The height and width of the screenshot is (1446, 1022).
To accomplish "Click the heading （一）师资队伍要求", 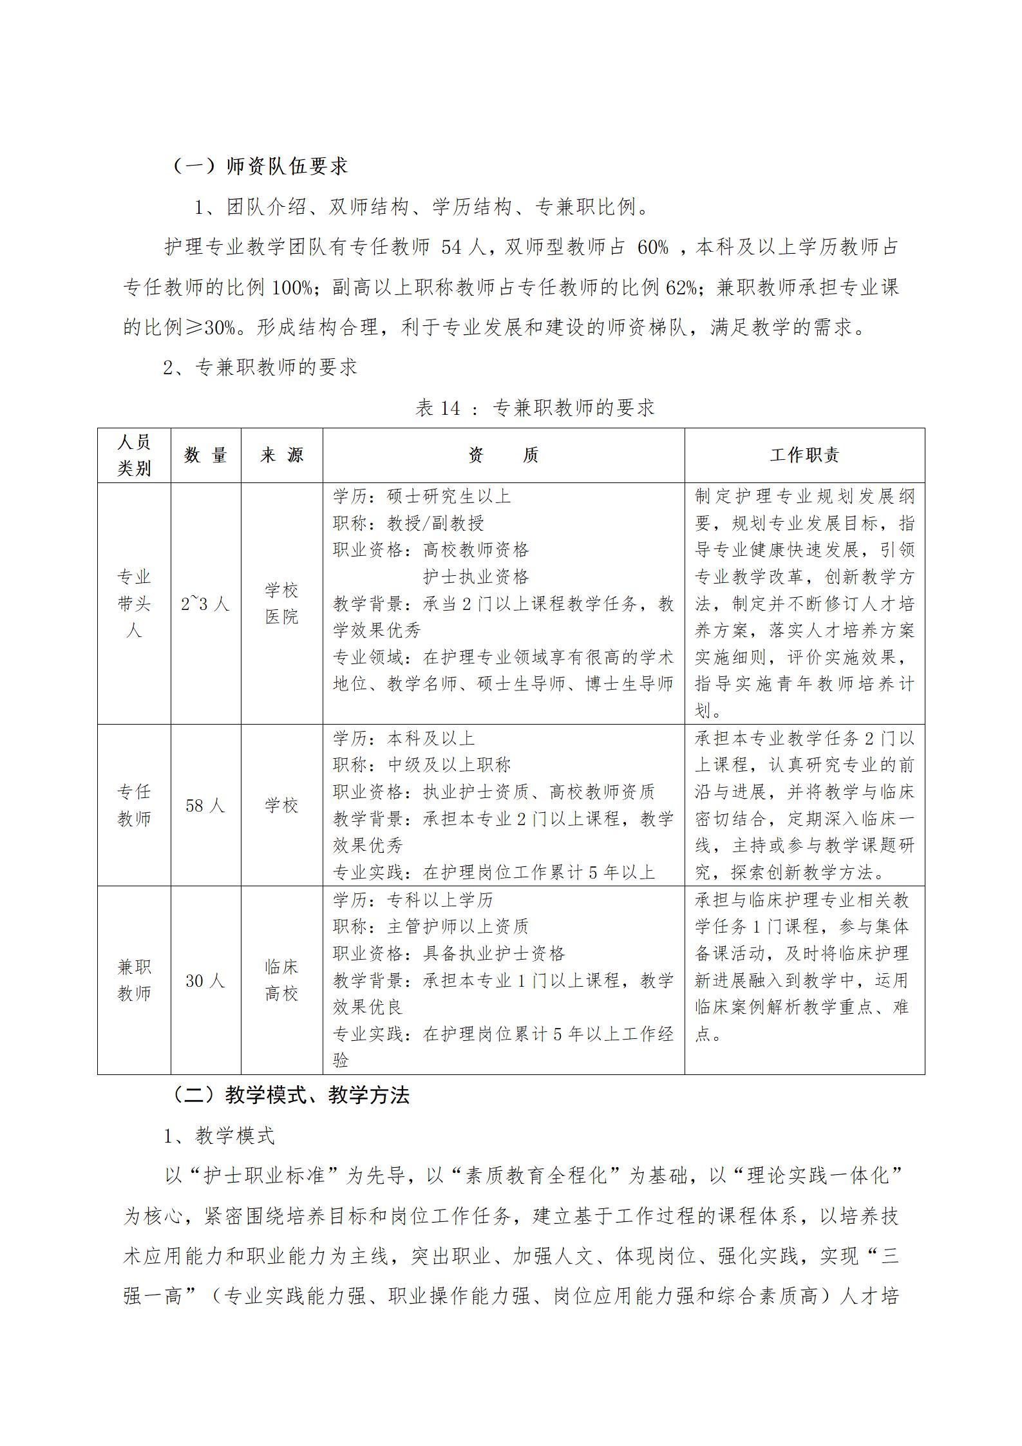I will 260,166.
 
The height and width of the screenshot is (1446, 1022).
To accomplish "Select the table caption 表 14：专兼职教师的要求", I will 535,407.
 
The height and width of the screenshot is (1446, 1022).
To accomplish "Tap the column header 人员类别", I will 134,455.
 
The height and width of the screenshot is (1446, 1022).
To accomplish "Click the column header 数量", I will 205,455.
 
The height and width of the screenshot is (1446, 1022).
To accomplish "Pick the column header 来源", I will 281,455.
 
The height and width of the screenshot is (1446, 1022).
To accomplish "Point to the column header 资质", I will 503,455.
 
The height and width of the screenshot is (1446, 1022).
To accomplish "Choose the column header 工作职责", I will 804,455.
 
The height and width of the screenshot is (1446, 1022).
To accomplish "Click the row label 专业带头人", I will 134,604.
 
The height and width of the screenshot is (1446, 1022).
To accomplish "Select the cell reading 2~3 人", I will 205,604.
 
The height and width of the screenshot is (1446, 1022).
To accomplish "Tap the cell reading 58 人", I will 205,805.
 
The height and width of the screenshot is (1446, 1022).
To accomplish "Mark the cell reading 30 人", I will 205,980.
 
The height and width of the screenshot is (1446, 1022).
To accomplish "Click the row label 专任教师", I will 134,805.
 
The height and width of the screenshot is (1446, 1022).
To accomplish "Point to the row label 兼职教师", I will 134,980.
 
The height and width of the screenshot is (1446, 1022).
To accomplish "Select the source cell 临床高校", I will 281,980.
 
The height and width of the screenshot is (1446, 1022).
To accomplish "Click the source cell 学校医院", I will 281,604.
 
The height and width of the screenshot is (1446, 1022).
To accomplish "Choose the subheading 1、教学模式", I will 220,1136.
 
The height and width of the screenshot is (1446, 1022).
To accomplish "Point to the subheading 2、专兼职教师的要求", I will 260,367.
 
